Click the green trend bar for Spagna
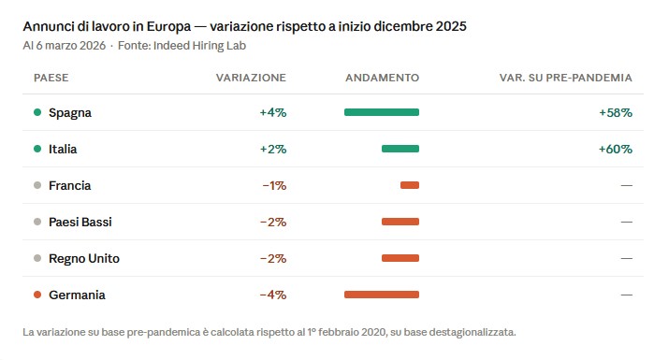click(x=381, y=112)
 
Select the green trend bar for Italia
click(x=400, y=149)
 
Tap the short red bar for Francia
click(x=409, y=185)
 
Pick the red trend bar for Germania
click(x=381, y=295)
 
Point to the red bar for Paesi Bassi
click(x=400, y=222)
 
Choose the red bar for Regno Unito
click(x=400, y=258)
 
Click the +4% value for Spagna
click(x=272, y=112)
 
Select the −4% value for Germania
click(x=272, y=295)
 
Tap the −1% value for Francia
click(x=273, y=185)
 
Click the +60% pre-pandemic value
click(x=615, y=149)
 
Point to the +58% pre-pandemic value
click(x=615, y=112)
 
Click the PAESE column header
click(x=51, y=78)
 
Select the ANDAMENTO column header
click(x=382, y=78)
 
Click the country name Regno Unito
click(x=84, y=258)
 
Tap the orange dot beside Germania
click(x=36, y=295)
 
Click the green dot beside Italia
click(x=36, y=149)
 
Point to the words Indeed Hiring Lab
click(x=200, y=45)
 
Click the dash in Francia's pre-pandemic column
click(x=626, y=185)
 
